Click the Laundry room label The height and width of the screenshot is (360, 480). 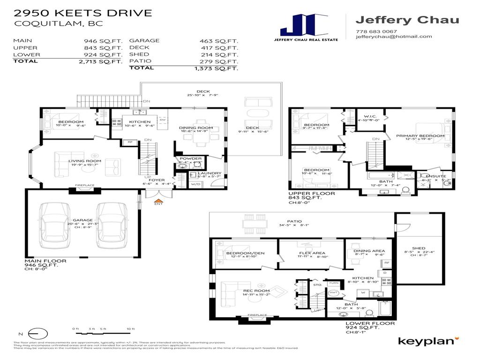pyautogui.click(x=209, y=173)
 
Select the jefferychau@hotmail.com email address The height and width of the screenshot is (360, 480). pyautogui.click(x=394, y=37)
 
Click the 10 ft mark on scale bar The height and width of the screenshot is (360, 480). pyautogui.click(x=130, y=329)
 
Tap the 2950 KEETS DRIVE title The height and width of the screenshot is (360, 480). pyautogui.click(x=83, y=13)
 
